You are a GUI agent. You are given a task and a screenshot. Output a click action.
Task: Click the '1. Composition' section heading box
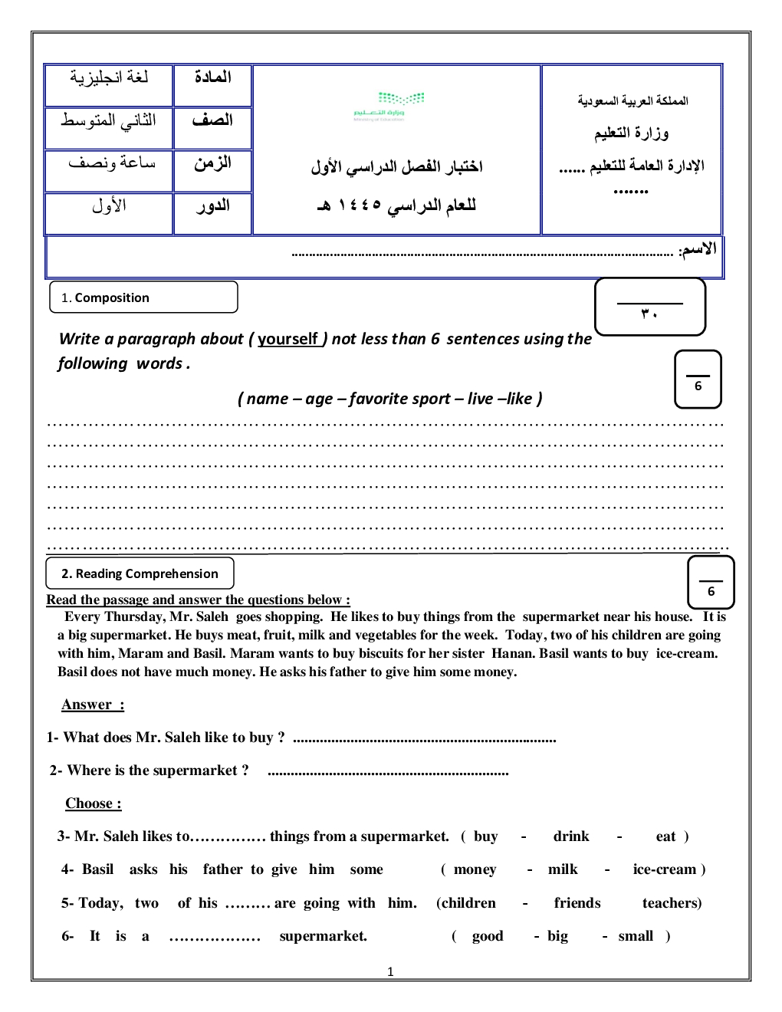coord(143,297)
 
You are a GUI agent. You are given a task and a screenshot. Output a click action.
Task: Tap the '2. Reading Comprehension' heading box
coord(140,573)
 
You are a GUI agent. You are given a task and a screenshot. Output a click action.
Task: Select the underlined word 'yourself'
coord(287,339)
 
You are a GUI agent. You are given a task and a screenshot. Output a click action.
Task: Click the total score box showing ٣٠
coord(649,307)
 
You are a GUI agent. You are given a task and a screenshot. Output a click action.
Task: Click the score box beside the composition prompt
coord(698,379)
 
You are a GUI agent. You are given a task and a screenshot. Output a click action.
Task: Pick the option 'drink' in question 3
coord(571,836)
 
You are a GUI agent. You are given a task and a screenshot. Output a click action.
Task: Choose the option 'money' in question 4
coord(475,869)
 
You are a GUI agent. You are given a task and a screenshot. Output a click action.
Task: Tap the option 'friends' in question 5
coord(577,903)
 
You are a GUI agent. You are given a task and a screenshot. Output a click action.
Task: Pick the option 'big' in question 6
coord(557,936)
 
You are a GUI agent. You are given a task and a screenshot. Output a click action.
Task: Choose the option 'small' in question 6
coord(636,936)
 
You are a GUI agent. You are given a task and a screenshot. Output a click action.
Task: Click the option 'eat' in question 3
coord(665,836)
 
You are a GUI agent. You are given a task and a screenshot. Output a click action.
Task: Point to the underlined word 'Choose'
coord(89,803)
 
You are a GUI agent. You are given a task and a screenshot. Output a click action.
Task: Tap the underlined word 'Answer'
coord(87,705)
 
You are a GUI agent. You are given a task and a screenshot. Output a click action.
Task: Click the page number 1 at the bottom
coord(390,972)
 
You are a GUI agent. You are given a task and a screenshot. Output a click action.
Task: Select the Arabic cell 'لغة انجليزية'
coord(109,77)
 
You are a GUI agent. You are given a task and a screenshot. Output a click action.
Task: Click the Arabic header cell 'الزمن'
coord(212,163)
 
